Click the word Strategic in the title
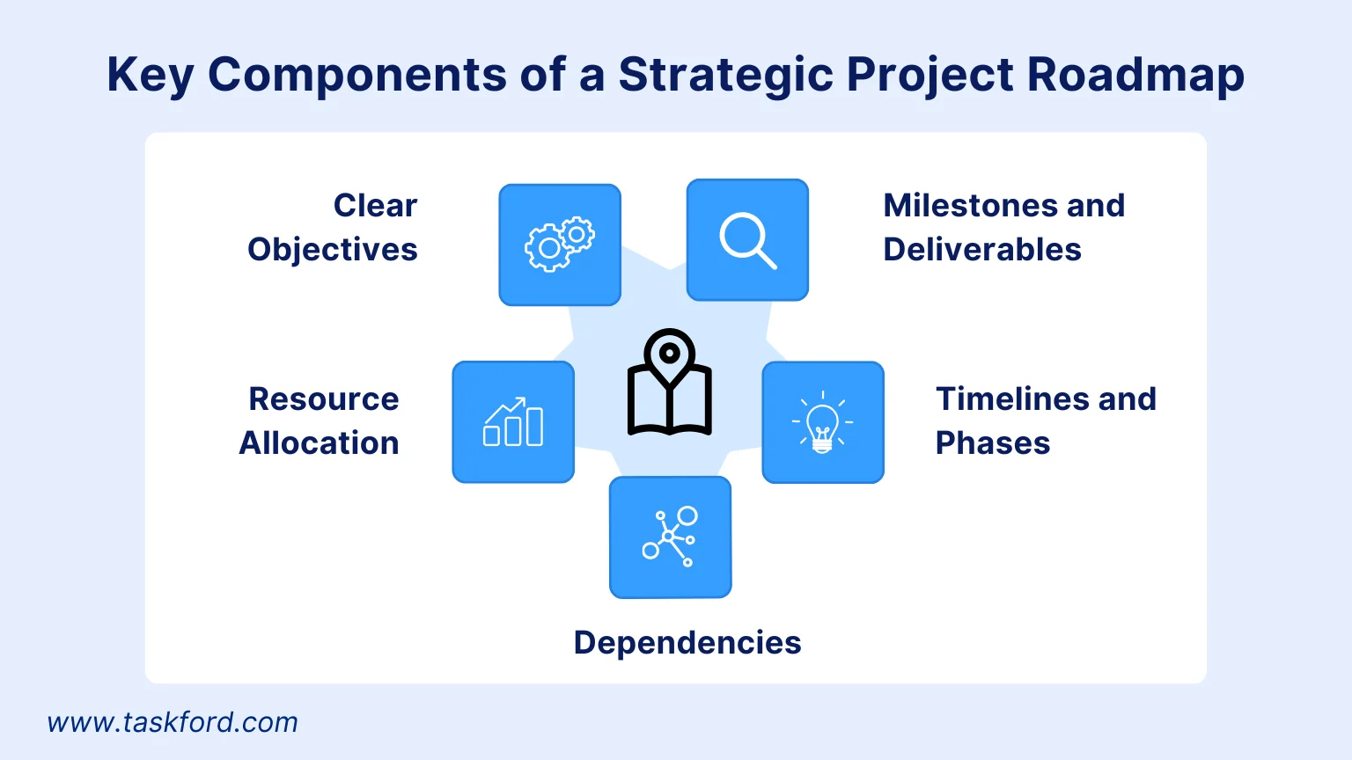[726, 75]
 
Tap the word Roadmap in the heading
[1136, 75]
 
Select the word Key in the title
[151, 75]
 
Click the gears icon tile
[560, 245]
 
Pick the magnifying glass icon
[748, 241]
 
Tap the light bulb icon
[823, 422]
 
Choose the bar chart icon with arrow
[513, 421]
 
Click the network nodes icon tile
[670, 537]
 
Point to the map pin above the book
[669, 357]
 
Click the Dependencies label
[687, 642]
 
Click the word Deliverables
[982, 250]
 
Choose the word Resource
[324, 399]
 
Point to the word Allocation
[319, 443]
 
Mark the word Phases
[992, 443]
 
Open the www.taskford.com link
[173, 722]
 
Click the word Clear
[375, 206]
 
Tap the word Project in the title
[930, 75]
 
